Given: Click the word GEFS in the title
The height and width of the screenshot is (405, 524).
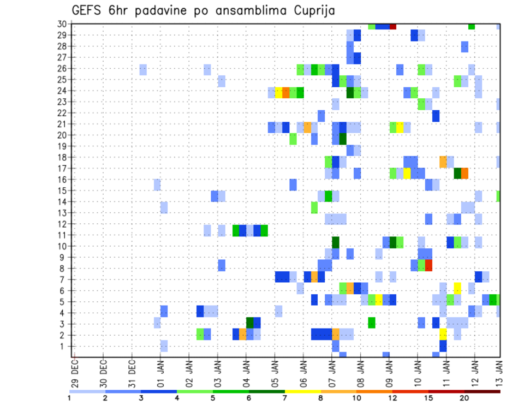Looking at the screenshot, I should (x=88, y=10).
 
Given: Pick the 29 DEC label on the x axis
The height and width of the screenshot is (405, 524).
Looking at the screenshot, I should (x=75, y=371).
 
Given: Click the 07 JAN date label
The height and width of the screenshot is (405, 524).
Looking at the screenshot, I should (x=332, y=371).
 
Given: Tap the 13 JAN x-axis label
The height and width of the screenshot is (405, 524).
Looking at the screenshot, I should (x=499, y=371).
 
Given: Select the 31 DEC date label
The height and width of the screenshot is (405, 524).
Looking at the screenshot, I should (x=132, y=371).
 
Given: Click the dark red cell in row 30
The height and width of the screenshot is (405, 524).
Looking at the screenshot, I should (x=392, y=26).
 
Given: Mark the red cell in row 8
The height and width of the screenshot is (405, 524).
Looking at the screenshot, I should (x=428, y=266).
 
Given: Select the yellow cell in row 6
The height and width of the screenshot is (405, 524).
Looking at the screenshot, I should (x=457, y=288).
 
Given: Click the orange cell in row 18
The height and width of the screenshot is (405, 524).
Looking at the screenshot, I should (x=443, y=162).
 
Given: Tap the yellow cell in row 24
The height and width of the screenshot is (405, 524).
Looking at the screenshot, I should (x=278, y=92).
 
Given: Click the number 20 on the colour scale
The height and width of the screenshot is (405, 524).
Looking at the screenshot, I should (x=465, y=397).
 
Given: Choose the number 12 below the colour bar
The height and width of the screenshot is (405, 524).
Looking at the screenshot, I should (x=393, y=397).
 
